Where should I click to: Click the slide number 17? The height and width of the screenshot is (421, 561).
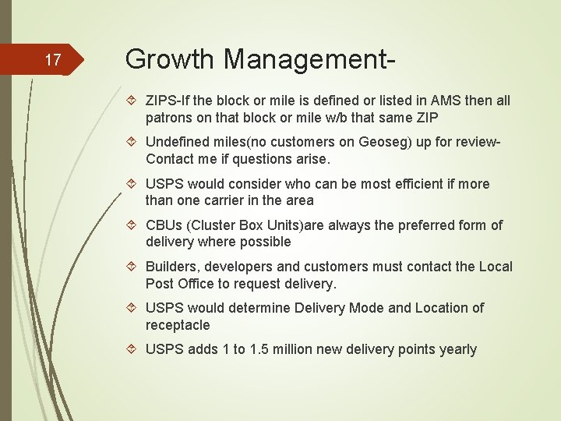pos(53,60)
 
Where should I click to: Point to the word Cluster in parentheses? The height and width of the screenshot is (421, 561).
pos(212,225)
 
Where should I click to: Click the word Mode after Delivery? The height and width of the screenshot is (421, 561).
pos(365,308)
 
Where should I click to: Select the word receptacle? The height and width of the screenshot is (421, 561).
pos(178,325)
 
